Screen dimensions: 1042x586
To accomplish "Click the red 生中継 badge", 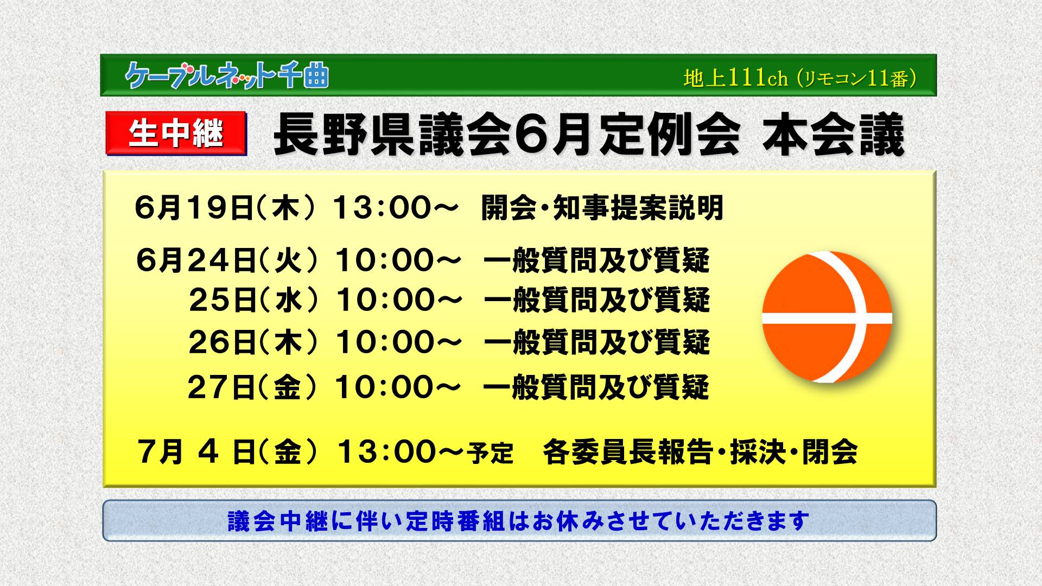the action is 176,132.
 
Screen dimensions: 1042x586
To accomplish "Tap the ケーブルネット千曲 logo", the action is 226,75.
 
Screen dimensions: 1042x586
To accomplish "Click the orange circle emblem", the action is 827,317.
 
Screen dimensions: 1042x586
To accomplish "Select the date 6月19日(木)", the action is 225,208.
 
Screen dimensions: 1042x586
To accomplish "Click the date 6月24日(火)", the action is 226,260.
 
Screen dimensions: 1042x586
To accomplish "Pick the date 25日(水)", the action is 253,300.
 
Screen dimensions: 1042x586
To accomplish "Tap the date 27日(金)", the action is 252,387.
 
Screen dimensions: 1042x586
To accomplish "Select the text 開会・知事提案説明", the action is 602,208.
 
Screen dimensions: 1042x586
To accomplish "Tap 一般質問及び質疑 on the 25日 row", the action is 596,300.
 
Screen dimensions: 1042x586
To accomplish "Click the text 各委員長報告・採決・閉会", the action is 700,452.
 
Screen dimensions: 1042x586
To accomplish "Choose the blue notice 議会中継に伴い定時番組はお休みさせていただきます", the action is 519,521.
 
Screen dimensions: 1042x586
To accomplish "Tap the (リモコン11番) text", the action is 857,79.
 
